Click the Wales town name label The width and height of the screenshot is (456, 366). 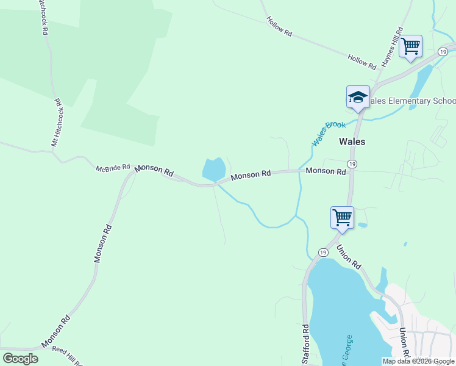pyautogui.click(x=352, y=142)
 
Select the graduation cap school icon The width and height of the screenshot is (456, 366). pyautogui.click(x=358, y=98)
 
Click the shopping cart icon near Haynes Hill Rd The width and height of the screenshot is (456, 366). pyautogui.click(x=410, y=46)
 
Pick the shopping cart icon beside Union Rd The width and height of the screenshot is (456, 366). pyautogui.click(x=342, y=217)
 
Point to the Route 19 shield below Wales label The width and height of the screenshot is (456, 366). pyautogui.click(x=352, y=163)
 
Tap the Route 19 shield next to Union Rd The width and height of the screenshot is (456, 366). pyautogui.click(x=323, y=253)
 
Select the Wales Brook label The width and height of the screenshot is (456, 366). pyautogui.click(x=329, y=133)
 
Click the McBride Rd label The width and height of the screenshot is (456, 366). pyautogui.click(x=113, y=167)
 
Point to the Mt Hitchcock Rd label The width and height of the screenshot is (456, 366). pyautogui.click(x=57, y=122)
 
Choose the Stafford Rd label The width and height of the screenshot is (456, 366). pyautogui.click(x=305, y=345)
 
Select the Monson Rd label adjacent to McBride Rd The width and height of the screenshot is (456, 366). pyautogui.click(x=154, y=170)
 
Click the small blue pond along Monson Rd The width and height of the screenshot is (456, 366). pyautogui.click(x=214, y=169)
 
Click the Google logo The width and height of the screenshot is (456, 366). pyautogui.click(x=20, y=359)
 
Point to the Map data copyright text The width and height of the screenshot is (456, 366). pyautogui.click(x=418, y=361)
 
